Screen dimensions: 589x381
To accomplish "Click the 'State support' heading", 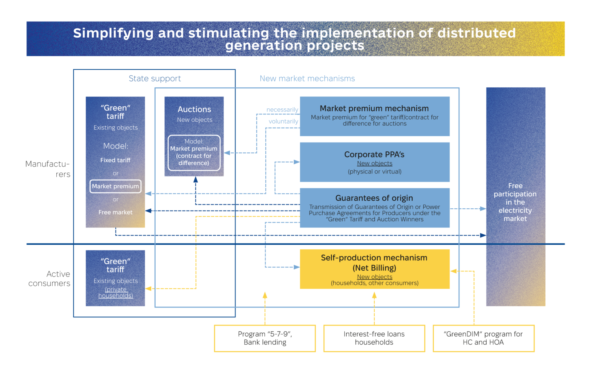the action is [x=155, y=78].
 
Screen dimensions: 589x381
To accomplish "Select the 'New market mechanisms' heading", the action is [x=307, y=78].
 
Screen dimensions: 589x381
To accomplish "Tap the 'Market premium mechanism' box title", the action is [x=374, y=108].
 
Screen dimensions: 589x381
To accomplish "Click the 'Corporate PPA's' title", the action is [x=374, y=154].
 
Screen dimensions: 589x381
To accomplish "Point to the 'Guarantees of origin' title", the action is [x=374, y=198].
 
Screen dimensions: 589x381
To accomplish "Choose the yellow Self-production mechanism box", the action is [x=375, y=269].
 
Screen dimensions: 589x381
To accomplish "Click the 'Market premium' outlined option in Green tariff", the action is [x=115, y=186].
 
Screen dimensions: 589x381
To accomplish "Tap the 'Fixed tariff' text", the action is [x=115, y=160].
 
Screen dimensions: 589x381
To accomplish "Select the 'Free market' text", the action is [x=115, y=212].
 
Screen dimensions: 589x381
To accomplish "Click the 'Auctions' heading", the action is [x=194, y=109].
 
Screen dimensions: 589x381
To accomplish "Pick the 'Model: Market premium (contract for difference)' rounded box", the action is [x=194, y=153].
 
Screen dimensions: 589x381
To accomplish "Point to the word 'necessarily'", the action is [x=282, y=110].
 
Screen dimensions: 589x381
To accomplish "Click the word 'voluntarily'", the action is [x=283, y=121].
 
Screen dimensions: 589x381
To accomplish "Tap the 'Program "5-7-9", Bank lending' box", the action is [x=265, y=338].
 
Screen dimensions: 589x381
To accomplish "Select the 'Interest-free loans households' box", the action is [x=374, y=338].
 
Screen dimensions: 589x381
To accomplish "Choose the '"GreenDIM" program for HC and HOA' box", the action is [x=484, y=338].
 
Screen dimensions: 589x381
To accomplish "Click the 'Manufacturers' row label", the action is [x=48, y=169].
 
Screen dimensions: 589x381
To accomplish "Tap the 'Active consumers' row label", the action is [x=49, y=279].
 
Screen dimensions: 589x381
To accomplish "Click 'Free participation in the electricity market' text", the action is [x=515, y=202].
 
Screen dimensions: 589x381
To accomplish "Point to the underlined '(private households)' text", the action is [x=115, y=293].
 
